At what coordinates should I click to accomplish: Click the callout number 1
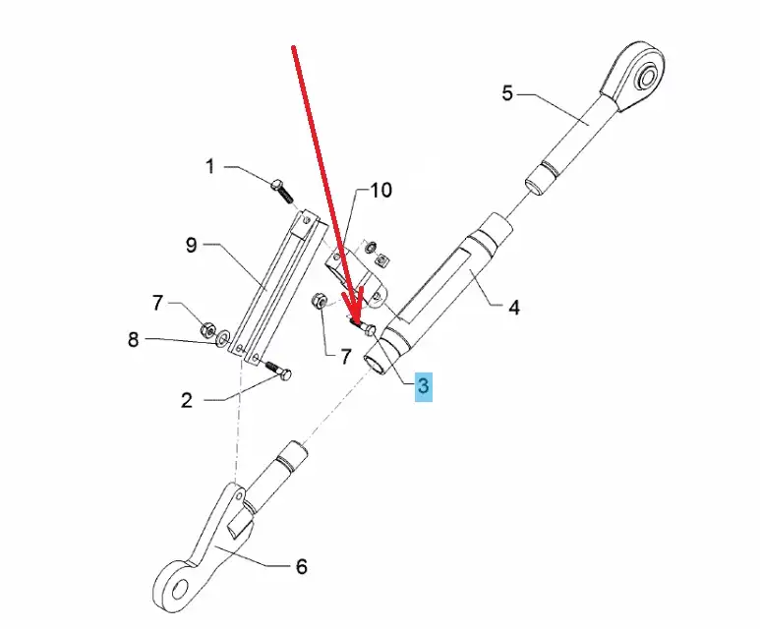coord(209,167)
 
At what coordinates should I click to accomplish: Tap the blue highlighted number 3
coord(423,385)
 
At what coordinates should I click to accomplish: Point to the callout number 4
coord(513,307)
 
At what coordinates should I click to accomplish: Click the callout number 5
coord(506,93)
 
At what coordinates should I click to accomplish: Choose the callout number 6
coord(301,566)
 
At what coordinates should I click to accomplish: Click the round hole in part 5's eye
coord(649,76)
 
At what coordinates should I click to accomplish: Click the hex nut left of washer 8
coord(207,327)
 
